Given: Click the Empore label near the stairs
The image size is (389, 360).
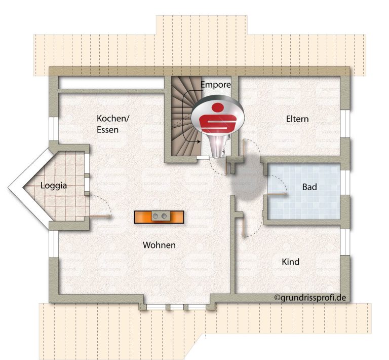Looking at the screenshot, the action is tap(215, 85).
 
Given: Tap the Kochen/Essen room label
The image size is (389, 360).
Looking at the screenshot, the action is tap(113, 124).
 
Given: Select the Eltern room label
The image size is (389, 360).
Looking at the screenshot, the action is tap(297, 119).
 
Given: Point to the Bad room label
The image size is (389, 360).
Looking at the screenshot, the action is tap(309, 187).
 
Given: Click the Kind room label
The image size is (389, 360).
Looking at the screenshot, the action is tap(291, 262).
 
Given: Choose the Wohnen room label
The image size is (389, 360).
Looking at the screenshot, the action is tap(159, 245).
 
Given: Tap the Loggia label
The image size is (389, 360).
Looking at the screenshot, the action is tap(54, 186).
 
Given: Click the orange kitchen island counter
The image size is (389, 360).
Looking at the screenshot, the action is tap(159, 217).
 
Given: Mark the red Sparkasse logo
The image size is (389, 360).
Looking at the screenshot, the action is tap(218, 118).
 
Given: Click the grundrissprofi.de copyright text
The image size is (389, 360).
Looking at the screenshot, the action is tap(310, 298).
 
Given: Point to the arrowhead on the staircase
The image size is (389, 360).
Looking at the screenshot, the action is tap(199, 142).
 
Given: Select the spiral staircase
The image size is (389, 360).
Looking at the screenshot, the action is tap(186, 116).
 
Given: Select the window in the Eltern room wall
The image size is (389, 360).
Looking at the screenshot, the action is tap(344, 123).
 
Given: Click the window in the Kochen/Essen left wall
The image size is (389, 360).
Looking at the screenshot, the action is tap(54, 129).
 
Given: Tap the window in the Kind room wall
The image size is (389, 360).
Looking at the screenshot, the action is tap(344, 242).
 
